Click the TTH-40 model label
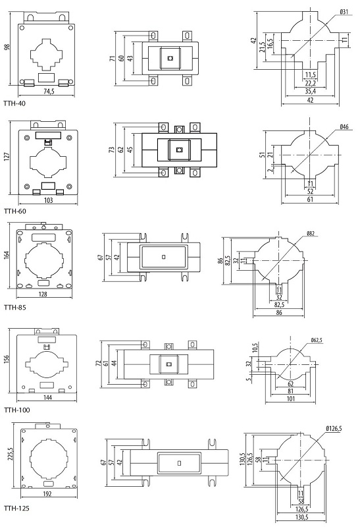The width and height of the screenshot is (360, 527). [14, 103]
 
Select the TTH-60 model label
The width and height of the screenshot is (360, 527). [14, 211]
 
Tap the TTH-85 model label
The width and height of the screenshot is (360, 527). [14, 307]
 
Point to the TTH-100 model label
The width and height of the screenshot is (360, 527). [17, 410]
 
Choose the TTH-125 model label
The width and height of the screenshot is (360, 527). [16, 508]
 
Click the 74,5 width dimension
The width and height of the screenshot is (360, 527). [49, 92]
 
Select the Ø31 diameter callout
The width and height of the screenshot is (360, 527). [344, 12]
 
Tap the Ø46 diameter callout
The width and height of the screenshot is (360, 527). [344, 127]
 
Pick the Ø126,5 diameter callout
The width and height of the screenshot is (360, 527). [334, 429]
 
